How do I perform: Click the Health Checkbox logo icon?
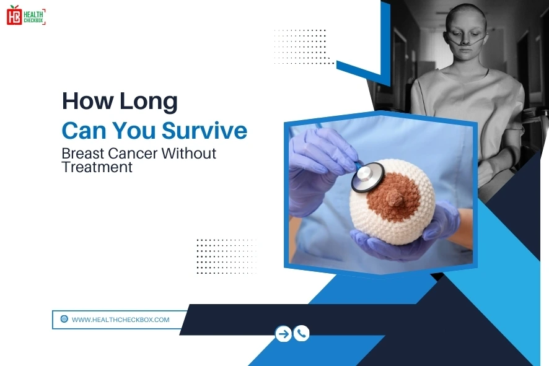coord(14,15)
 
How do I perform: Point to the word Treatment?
coord(97,167)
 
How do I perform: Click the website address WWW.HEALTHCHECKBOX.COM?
coord(120,320)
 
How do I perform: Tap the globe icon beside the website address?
coord(64,320)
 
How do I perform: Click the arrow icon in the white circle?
coord(283,334)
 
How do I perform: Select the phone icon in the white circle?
coord(302,334)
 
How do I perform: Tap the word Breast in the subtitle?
coord(83,153)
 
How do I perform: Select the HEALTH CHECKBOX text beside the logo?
coord(34,15)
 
